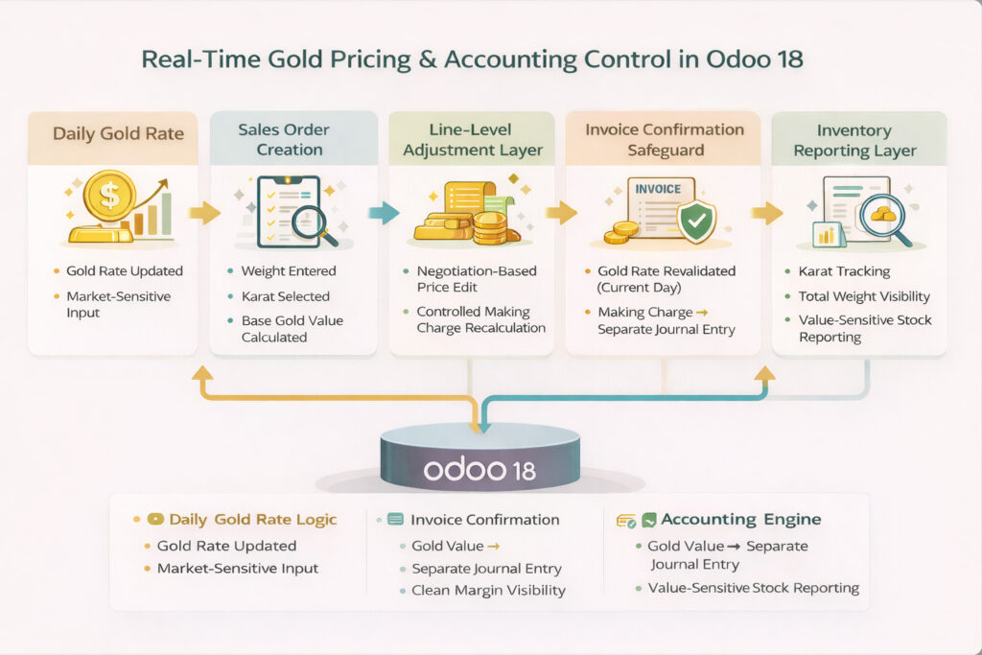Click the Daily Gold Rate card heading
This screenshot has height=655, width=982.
(118, 133)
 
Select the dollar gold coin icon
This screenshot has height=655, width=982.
(109, 196)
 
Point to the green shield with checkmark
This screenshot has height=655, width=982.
(697, 220)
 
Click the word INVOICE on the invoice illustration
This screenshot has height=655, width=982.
(658, 189)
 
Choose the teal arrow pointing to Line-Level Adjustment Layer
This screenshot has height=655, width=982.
(384, 213)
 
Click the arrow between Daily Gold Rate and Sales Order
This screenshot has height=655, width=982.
(204, 213)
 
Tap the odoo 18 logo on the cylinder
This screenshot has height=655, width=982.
(479, 470)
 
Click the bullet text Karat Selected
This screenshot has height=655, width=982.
(286, 296)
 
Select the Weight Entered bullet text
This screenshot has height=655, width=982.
(289, 271)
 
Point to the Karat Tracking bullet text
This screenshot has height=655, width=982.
(844, 271)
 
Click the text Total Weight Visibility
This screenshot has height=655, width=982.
(864, 296)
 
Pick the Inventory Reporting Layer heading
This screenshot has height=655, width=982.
(854, 140)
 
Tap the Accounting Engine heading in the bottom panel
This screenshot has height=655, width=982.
(741, 519)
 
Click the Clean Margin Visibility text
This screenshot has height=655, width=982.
(488, 590)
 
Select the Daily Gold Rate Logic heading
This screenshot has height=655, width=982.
(253, 519)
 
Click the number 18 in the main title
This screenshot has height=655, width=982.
(789, 59)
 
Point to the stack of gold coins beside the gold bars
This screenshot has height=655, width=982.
(490, 227)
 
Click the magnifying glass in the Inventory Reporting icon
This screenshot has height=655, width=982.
(885, 220)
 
